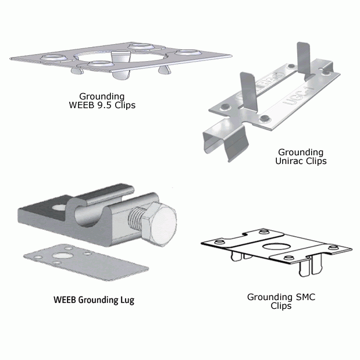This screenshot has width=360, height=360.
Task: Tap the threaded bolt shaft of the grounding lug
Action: tap(135, 221)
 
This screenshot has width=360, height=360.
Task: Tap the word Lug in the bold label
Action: tap(126, 301)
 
